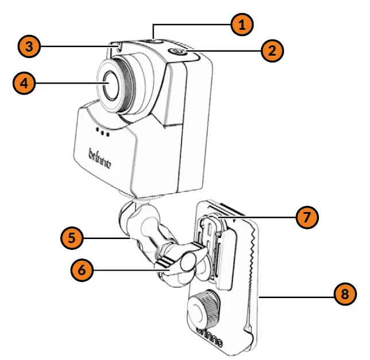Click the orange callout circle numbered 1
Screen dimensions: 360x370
click(x=242, y=25)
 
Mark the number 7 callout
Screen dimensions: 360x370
click(x=306, y=217)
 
